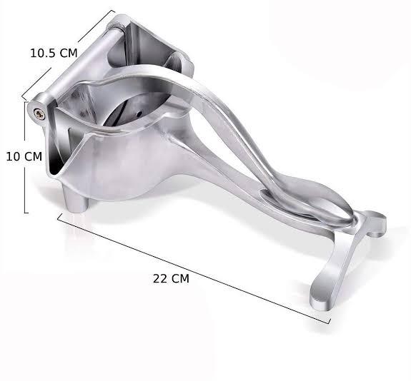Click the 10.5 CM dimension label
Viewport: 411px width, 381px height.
click(54, 52)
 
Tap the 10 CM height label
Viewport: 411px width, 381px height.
click(24, 156)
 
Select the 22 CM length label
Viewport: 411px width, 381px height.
click(172, 279)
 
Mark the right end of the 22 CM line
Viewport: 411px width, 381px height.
click(330, 322)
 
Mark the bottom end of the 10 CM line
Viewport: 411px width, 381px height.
click(26, 212)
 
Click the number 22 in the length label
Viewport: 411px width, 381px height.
click(160, 279)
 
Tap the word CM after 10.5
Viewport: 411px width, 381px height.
click(69, 52)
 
